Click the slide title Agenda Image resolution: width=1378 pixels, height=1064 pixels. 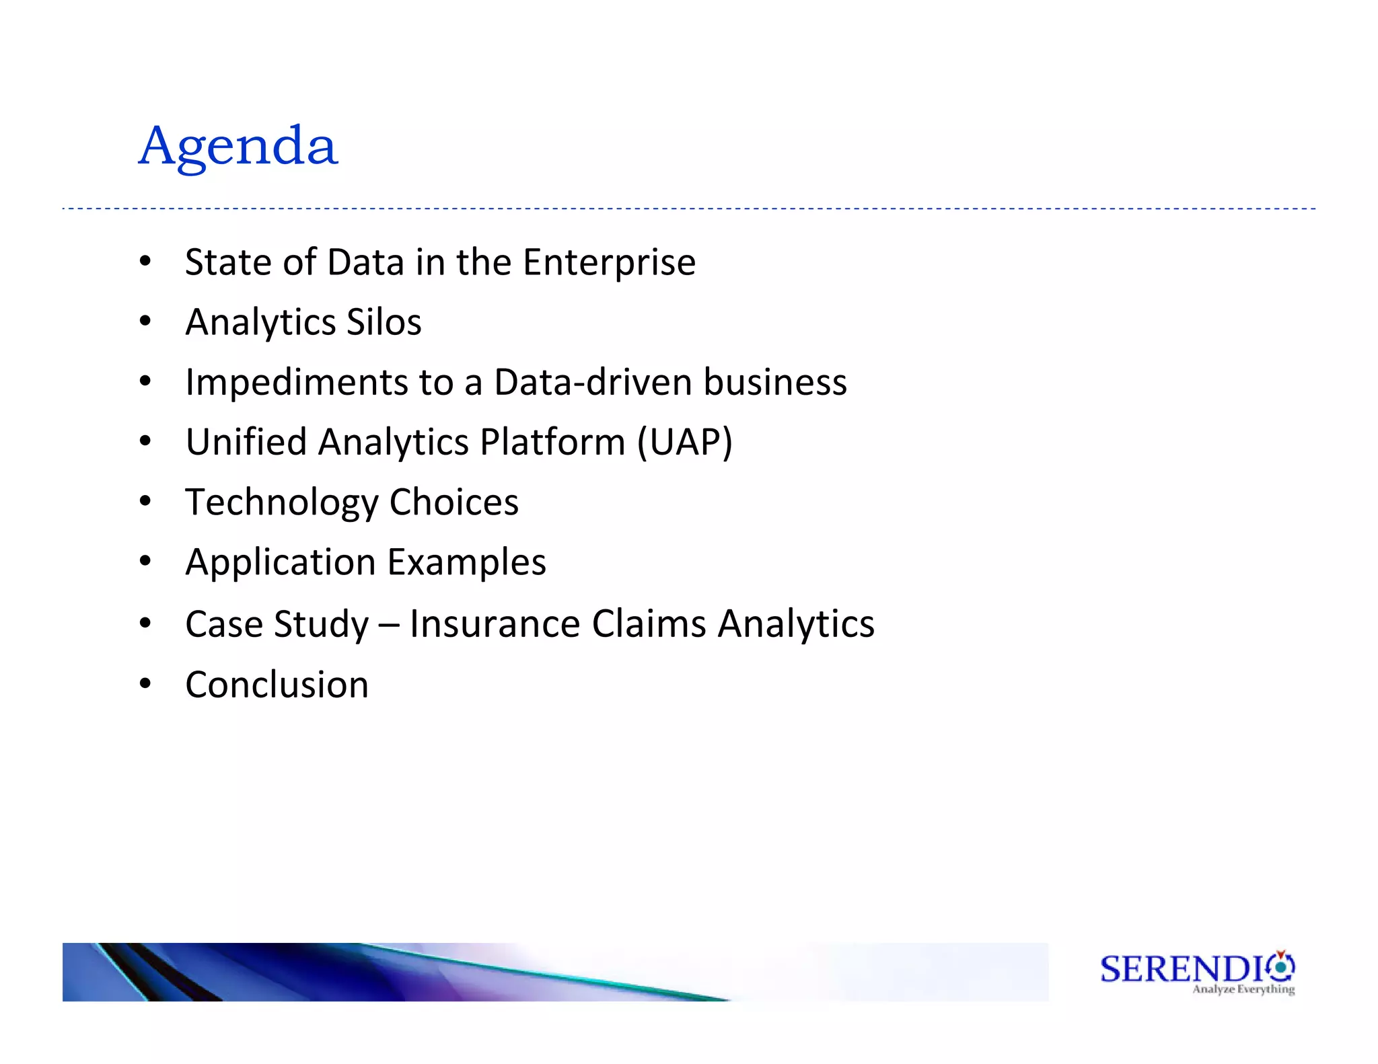(x=238, y=147)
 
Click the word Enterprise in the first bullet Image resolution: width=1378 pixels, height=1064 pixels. (x=609, y=262)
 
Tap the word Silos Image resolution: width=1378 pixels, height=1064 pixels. (x=384, y=322)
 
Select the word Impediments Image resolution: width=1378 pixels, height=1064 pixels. (x=296, y=383)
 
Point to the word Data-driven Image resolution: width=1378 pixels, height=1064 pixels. (x=593, y=382)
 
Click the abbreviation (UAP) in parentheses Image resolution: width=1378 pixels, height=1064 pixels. (x=684, y=443)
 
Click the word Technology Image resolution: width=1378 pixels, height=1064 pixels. (x=282, y=502)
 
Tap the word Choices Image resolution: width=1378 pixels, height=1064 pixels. (x=454, y=502)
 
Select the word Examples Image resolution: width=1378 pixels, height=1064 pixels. (x=466, y=562)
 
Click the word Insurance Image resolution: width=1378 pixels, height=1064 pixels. (x=495, y=623)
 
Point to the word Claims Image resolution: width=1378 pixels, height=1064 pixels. (x=649, y=623)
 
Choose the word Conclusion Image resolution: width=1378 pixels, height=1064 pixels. (x=277, y=685)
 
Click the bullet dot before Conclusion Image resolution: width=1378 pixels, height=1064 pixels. (x=145, y=684)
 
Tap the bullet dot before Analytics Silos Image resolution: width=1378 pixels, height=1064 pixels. (x=145, y=321)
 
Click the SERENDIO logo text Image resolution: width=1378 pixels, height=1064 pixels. (x=1183, y=969)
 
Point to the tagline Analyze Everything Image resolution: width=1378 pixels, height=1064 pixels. (x=1243, y=989)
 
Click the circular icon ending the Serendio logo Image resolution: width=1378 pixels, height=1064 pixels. (x=1281, y=967)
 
